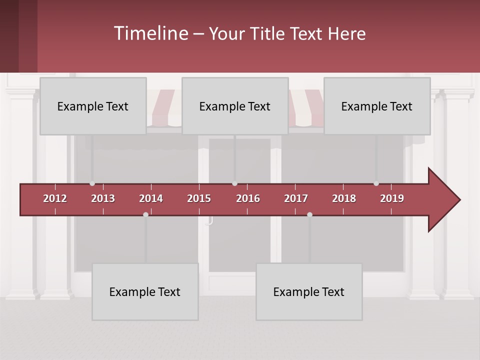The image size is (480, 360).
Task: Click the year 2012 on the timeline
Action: click(55, 198)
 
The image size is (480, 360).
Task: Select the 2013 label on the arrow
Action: click(103, 198)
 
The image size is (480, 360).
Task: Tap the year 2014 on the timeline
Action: click(151, 198)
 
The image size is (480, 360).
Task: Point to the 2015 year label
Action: click(199, 198)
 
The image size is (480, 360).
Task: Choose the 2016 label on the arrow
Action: click(248, 198)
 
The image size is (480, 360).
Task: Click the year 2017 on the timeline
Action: click(296, 198)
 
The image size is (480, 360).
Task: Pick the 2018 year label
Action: click(344, 198)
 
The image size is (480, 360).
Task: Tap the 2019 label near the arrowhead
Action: click(392, 198)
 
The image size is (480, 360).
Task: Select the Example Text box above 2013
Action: click(93, 106)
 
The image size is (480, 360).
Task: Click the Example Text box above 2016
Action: click(235, 106)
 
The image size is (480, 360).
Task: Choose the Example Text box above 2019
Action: click(377, 106)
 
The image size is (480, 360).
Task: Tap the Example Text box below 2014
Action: click(145, 291)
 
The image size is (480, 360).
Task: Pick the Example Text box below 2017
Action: click(309, 291)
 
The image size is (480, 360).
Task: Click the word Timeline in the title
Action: click(150, 33)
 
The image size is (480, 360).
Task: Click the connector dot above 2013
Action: click(92, 183)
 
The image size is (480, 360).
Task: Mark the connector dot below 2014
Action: click(145, 214)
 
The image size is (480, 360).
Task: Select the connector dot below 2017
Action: click(309, 214)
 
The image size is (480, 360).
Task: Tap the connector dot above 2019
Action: click(376, 183)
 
